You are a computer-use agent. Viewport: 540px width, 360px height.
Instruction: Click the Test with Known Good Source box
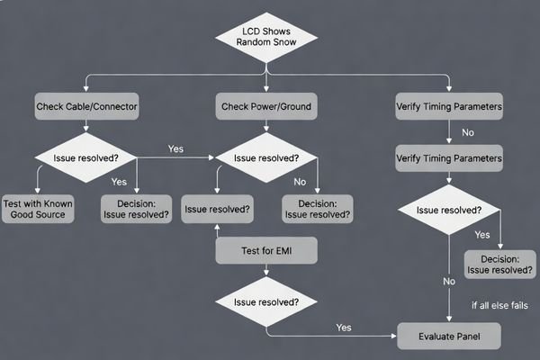[x=38, y=209]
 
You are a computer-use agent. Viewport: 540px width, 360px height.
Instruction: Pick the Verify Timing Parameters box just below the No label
[x=449, y=158]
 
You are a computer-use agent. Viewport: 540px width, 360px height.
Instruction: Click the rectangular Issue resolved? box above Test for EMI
[x=217, y=209]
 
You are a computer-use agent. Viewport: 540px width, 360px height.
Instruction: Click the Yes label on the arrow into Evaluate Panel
[x=342, y=327]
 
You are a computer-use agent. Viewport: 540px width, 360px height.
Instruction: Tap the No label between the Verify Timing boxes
[x=467, y=132]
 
